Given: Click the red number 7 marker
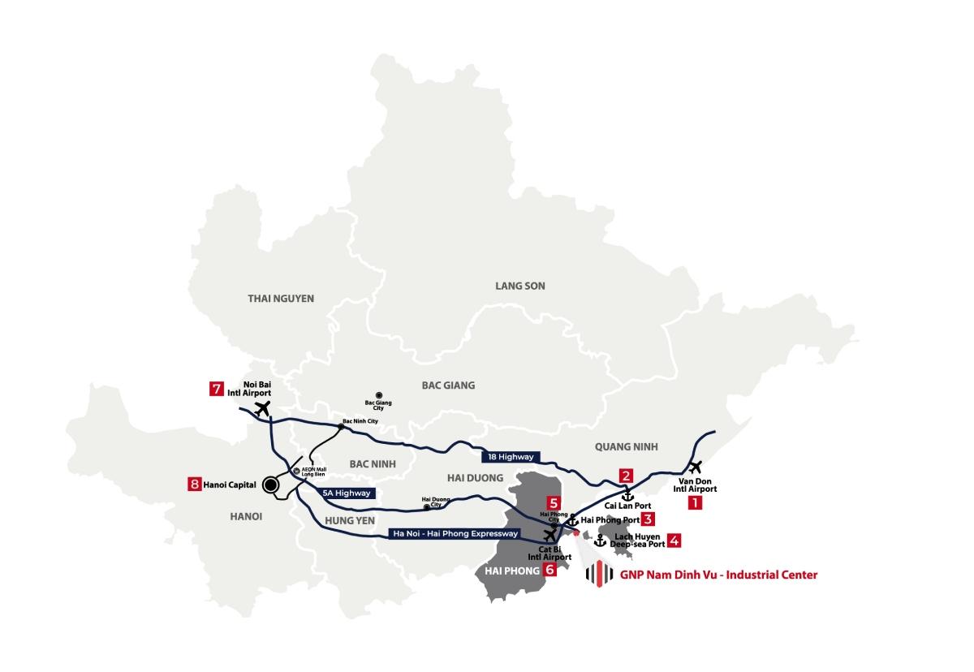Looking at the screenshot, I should point(216,389).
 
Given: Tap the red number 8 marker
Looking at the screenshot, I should point(194,485).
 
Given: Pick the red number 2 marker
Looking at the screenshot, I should point(626,476).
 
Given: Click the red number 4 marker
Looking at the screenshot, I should point(674,540).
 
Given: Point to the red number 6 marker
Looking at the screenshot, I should point(550,570).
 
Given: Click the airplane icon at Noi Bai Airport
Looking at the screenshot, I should point(261,408).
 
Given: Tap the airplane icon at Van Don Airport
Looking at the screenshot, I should point(695,467).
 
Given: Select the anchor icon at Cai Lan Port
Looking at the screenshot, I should point(627,494).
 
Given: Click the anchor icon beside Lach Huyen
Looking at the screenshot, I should point(601,541).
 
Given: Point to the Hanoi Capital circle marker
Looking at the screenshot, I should point(269,485).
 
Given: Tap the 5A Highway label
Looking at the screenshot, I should point(347,493).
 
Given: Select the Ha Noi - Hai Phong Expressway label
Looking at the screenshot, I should point(455,533).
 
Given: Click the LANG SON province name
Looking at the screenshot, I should point(520,286).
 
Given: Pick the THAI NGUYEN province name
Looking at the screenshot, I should point(281,299).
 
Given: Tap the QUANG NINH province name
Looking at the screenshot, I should point(626,446).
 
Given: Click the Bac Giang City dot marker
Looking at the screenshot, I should point(379,394).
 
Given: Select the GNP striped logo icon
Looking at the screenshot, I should point(599,574).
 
